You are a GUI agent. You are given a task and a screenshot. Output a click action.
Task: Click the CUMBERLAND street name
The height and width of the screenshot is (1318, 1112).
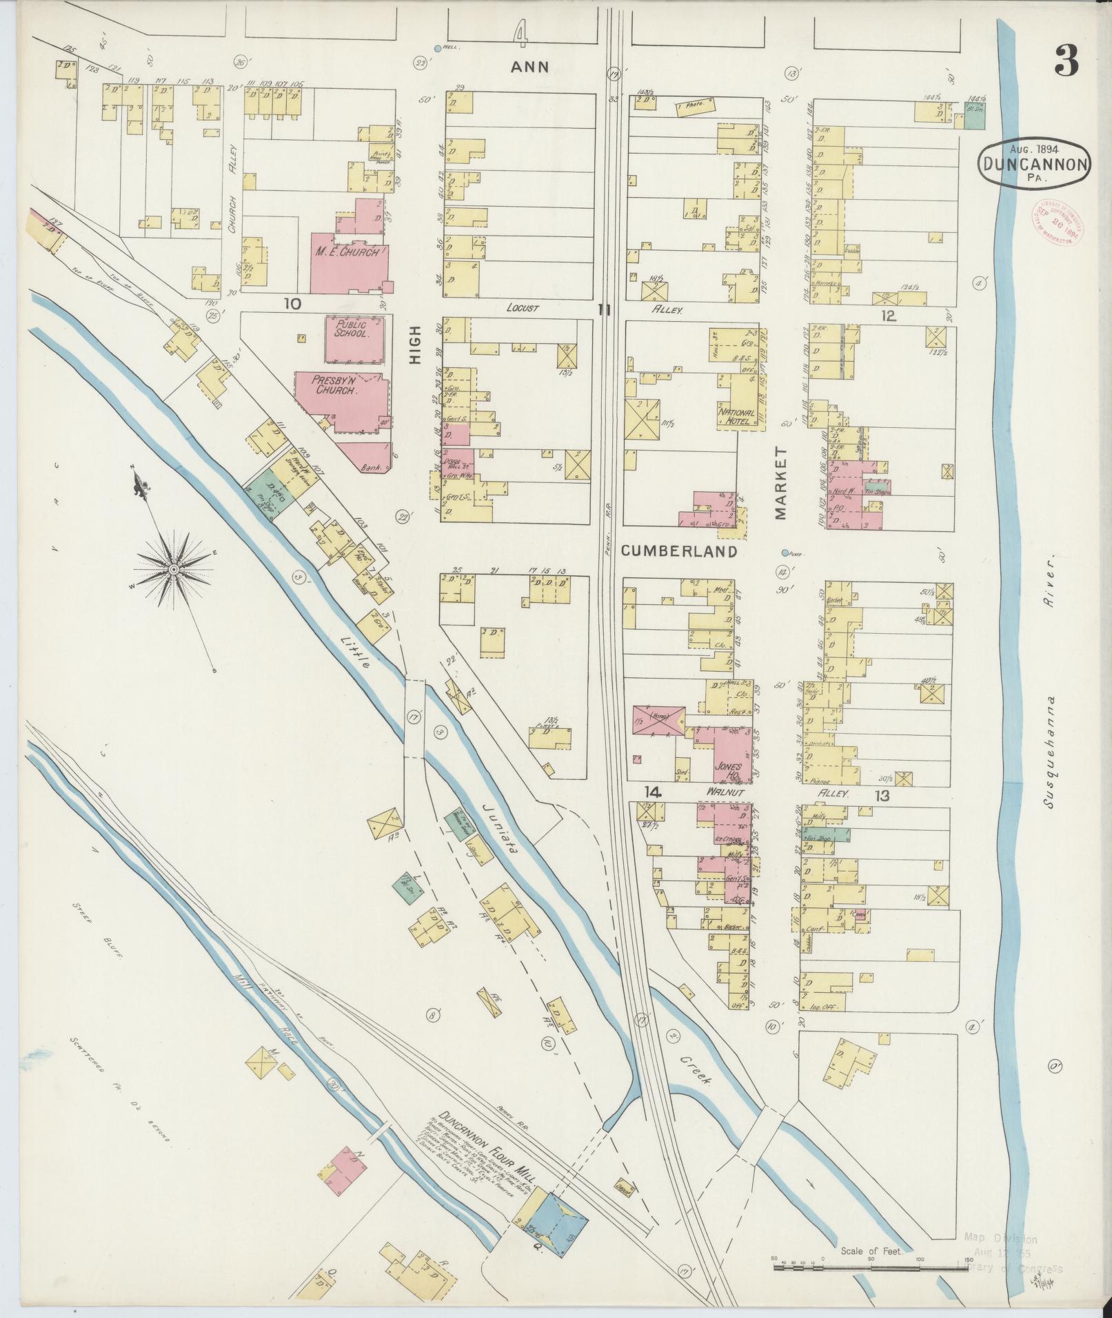point(679,552)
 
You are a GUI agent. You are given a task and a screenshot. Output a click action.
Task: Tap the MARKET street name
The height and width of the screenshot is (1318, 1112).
point(780,482)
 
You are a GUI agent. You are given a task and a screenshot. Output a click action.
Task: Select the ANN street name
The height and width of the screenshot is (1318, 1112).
point(530,66)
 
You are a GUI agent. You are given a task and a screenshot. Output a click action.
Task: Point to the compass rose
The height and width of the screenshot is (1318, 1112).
point(174,569)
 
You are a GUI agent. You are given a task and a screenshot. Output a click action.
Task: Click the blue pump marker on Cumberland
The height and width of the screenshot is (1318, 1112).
point(785,553)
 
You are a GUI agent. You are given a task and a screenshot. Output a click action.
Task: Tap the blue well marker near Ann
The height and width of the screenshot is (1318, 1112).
point(437,48)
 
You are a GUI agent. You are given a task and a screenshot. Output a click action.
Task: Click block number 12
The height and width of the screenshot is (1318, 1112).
point(887,316)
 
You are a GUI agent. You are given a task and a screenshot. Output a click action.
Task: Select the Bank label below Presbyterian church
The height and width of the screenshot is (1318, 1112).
point(372,468)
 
